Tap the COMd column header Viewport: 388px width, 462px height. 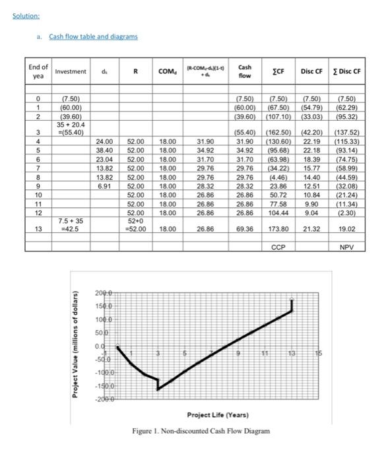168,71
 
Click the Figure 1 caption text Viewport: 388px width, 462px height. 201,430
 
